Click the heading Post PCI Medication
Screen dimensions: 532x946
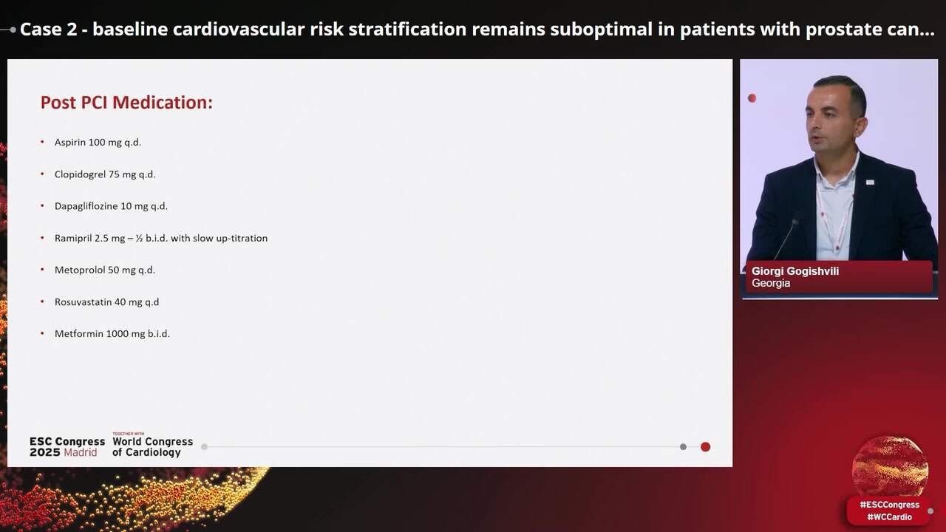tap(126, 103)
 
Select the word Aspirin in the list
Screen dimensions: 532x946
tap(70, 142)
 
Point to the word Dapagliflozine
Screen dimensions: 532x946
tap(86, 206)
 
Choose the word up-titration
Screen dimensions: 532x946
tap(245, 238)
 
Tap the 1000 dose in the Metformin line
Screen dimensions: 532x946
tap(118, 333)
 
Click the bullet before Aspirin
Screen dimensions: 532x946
tap(42, 142)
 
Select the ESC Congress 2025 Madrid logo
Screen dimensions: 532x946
tap(67, 446)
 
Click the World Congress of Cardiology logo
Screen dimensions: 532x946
tap(152, 446)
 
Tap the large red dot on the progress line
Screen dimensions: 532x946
tap(705, 446)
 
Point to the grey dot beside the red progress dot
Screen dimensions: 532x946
tap(683, 446)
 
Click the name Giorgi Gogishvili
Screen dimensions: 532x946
tap(795, 271)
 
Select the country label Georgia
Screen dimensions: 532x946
tap(771, 283)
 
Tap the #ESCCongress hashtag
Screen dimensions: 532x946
tap(889, 505)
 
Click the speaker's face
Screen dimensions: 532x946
tap(835, 118)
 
